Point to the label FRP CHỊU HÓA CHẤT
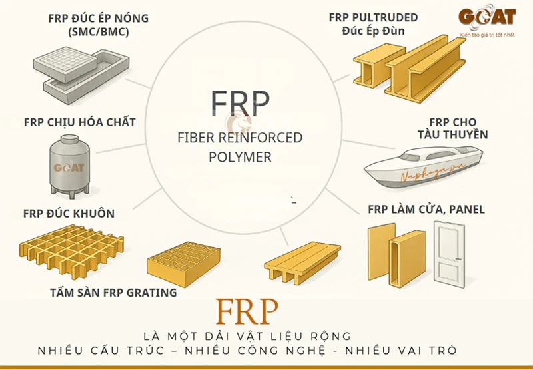click(79, 122)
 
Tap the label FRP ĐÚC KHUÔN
click(69, 214)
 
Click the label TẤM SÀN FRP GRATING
click(113, 293)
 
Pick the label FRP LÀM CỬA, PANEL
click(426, 210)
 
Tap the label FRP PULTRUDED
click(374, 17)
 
